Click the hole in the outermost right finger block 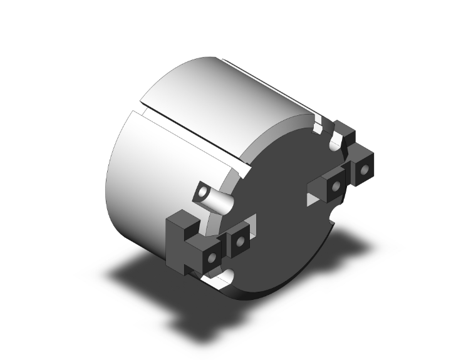click(x=364, y=169)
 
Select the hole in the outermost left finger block click(x=212, y=258)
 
